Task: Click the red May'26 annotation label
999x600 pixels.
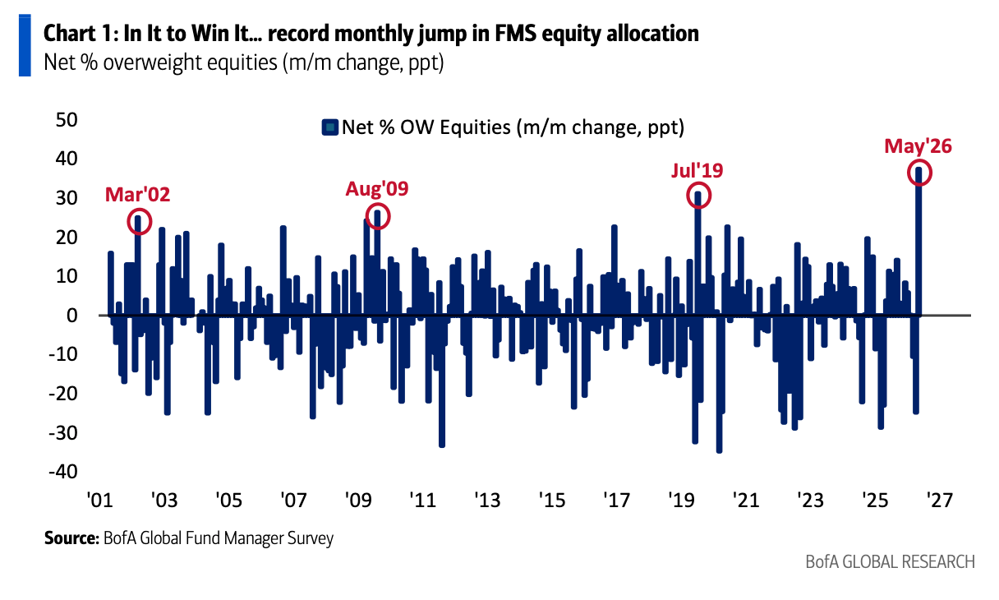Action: coord(918,146)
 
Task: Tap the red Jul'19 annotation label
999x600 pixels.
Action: coord(697,170)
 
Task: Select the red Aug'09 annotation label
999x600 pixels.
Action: coord(377,189)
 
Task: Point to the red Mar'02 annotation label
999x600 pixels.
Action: coord(137,195)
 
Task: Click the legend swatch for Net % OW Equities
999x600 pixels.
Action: coord(329,127)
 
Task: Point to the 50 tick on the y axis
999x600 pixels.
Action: coord(67,119)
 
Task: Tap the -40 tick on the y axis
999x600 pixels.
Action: coord(63,472)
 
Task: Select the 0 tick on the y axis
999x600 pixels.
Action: coord(72,316)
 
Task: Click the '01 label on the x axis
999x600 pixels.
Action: coord(100,500)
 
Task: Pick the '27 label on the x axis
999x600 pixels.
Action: coord(940,500)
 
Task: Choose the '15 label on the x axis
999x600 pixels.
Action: coord(552,500)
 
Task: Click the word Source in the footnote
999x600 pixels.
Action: coord(71,538)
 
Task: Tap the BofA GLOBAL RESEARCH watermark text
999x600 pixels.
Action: coord(891,562)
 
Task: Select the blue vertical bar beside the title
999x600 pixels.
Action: coord(25,45)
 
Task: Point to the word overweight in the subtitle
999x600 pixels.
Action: coord(190,63)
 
